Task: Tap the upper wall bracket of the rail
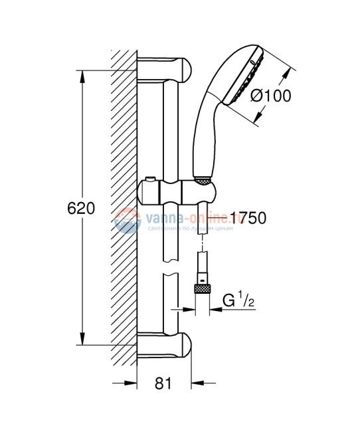click(166, 68)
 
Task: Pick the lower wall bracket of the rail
click(166, 347)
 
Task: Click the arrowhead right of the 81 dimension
click(197, 383)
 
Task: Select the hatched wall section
click(123, 199)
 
